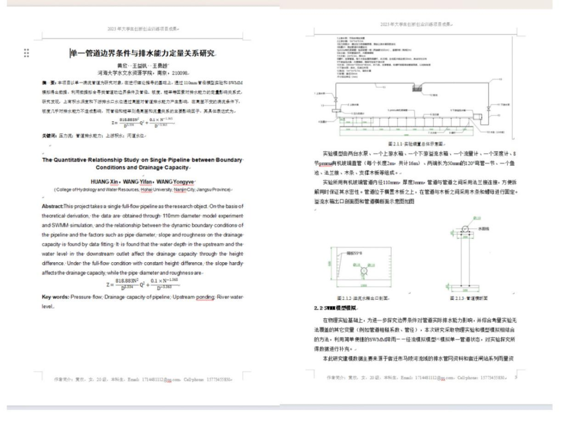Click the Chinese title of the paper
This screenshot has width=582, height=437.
(x=143, y=53)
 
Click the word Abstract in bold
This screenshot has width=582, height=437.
(x=52, y=206)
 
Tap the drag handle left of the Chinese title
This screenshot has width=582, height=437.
(x=26, y=53)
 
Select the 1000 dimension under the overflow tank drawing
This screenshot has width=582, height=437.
(x=365, y=285)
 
